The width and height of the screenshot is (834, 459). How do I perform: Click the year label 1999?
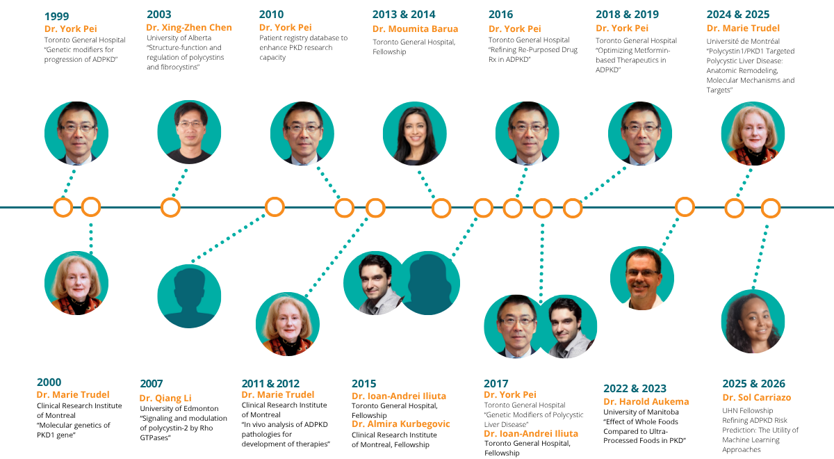(x=57, y=16)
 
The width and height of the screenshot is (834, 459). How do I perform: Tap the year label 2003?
(x=159, y=14)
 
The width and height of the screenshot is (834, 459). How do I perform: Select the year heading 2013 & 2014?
(x=404, y=14)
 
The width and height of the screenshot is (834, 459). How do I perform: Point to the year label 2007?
(x=152, y=383)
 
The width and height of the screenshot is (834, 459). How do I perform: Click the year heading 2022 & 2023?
(x=635, y=388)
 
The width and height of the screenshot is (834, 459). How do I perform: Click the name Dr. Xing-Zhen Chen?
(x=188, y=27)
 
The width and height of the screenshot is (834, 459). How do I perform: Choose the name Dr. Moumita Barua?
(x=415, y=29)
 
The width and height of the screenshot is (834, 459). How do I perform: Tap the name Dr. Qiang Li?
(x=165, y=398)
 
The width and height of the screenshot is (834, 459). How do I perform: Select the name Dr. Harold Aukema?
(x=646, y=401)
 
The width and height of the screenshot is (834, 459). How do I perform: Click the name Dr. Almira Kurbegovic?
(x=400, y=424)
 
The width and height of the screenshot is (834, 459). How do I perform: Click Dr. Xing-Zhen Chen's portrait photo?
(x=189, y=132)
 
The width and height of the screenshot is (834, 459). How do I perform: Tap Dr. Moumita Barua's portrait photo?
(x=415, y=133)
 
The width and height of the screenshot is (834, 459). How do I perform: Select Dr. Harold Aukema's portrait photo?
(x=641, y=278)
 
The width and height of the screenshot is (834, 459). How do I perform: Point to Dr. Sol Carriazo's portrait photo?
(x=753, y=322)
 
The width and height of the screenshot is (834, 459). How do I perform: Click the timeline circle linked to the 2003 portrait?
(x=170, y=207)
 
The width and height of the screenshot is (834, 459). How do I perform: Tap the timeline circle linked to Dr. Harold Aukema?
(x=685, y=207)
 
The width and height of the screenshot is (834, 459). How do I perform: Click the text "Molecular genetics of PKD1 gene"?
(x=73, y=430)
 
